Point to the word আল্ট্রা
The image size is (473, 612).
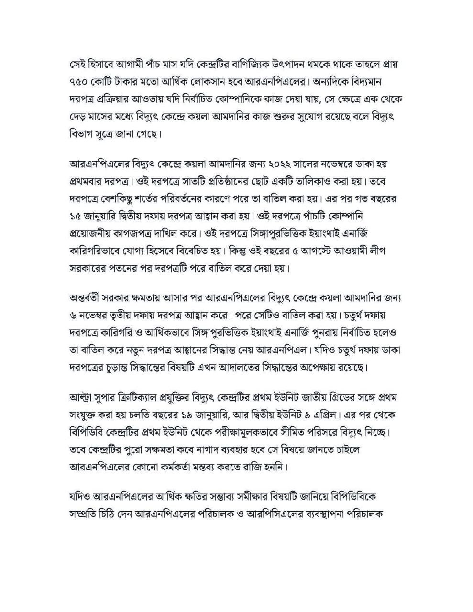[x=82, y=397]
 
